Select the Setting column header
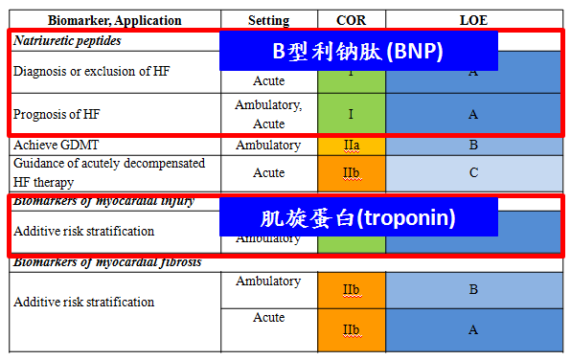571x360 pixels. (x=269, y=20)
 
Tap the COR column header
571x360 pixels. (x=351, y=20)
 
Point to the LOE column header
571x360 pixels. (x=473, y=20)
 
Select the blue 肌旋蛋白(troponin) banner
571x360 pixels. (x=358, y=216)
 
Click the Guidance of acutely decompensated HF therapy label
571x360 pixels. (x=108, y=172)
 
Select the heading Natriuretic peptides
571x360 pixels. (x=67, y=41)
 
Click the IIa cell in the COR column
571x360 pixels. (x=351, y=146)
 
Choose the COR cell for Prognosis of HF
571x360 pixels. (x=351, y=114)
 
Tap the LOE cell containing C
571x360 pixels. (x=473, y=173)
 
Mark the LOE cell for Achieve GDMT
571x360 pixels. (x=473, y=146)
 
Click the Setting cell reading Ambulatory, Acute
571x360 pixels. (x=269, y=114)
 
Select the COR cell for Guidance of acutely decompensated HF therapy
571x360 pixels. (x=351, y=173)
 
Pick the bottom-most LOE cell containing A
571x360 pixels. (x=473, y=329)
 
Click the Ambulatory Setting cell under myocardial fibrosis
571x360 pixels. (x=269, y=281)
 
